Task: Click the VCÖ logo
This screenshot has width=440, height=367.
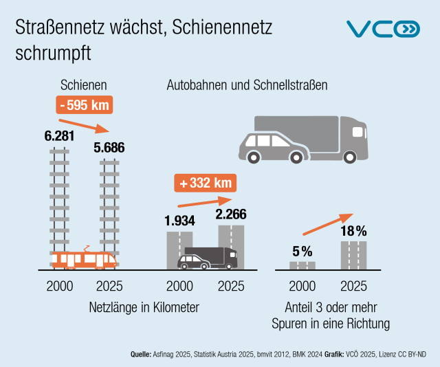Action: click(x=382, y=29)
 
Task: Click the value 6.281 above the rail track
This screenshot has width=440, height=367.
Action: click(x=59, y=136)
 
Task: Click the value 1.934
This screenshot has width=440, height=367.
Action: click(x=179, y=221)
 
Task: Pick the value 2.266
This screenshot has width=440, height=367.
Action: click(x=231, y=214)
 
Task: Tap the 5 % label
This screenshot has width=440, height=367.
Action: click(x=302, y=250)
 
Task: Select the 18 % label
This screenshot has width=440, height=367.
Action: click(x=354, y=230)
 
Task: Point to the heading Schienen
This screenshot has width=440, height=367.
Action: click(x=83, y=85)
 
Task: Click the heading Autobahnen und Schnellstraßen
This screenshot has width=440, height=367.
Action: click(x=247, y=85)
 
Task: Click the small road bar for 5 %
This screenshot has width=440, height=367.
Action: click(x=302, y=265)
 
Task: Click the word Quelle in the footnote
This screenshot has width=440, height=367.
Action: click(x=140, y=354)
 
